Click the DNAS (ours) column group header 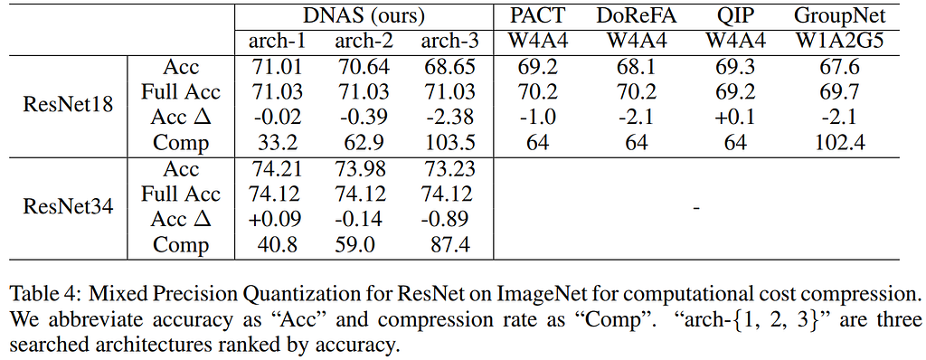click(x=364, y=16)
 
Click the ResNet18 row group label click(x=68, y=105)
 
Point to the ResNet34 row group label click(x=68, y=207)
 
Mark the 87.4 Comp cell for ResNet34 click(x=447, y=245)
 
